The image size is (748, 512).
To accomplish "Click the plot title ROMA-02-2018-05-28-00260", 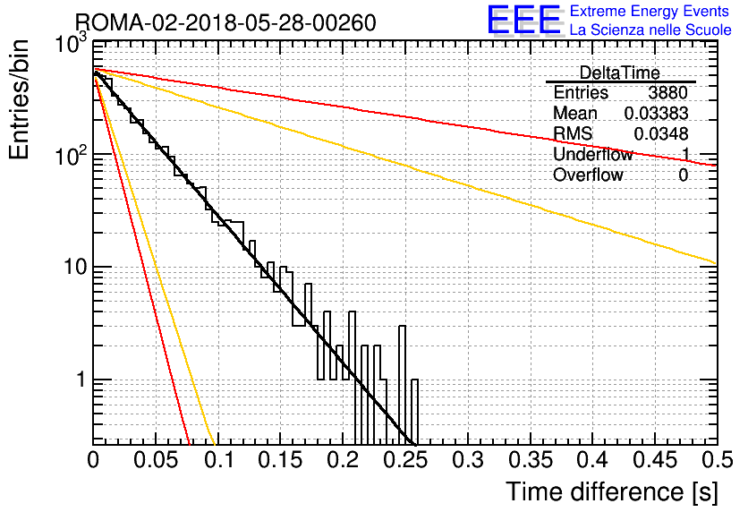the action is click(x=225, y=22).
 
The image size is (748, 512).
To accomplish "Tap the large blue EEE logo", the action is click(x=524, y=20).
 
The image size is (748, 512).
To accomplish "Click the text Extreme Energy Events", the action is click(x=650, y=11).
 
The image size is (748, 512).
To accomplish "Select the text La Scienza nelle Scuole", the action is click(x=650, y=30).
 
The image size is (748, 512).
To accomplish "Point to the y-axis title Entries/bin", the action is click(x=19, y=99).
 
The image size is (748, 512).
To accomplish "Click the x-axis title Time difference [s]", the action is click(x=612, y=491).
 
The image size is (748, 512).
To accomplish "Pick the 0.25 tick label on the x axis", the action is click(x=405, y=460).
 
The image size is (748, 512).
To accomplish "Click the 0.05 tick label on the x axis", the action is click(x=156, y=460).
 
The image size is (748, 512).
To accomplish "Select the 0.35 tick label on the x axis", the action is click(x=530, y=460).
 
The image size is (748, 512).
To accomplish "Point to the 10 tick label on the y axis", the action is click(x=76, y=267).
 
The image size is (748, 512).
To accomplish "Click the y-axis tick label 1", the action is click(x=81, y=380).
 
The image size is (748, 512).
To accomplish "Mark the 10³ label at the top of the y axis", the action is click(x=72, y=44).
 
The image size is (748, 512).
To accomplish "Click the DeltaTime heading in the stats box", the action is click(x=620, y=73).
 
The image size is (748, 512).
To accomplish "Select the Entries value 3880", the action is click(x=667, y=92).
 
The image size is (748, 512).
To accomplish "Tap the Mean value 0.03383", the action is click(x=657, y=113).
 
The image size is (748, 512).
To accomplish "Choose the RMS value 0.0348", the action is click(x=661, y=134).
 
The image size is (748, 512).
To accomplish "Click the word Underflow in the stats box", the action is click(x=593, y=154).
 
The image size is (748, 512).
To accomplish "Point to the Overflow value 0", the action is click(x=683, y=175).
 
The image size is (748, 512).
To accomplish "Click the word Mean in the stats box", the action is click(x=575, y=113).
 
